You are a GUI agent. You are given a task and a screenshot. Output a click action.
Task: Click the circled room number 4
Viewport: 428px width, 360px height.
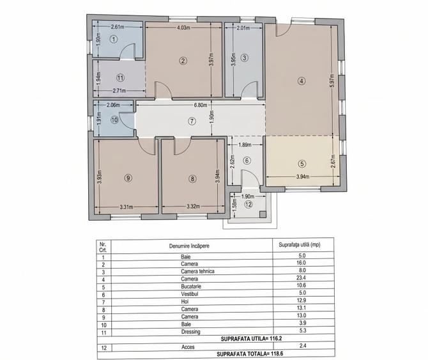(301, 81)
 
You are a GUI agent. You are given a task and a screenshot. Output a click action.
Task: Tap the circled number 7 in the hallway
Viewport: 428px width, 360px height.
(191, 121)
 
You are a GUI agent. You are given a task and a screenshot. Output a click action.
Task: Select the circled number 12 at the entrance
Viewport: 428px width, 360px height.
(247, 205)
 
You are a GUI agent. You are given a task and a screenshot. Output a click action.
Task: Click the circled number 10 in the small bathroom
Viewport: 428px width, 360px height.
(115, 119)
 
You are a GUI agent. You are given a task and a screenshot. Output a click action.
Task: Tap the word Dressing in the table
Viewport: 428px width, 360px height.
(190, 332)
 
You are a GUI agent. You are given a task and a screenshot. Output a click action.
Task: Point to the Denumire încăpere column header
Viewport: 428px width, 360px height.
(189, 245)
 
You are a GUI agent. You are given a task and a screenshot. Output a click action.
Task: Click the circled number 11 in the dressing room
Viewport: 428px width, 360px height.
(119, 77)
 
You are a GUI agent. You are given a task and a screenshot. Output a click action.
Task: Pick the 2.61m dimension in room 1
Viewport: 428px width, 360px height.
(116, 27)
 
